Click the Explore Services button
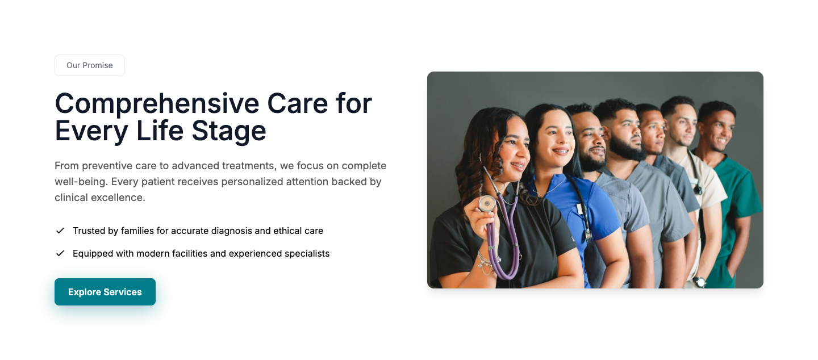pos(105,292)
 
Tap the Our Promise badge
pos(90,65)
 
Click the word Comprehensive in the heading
pos(157,104)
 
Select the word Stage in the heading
pos(229,131)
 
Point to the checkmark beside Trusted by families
pos(60,231)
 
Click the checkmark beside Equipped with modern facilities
pos(60,253)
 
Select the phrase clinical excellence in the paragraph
pos(100,198)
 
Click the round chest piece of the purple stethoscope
pos(487,204)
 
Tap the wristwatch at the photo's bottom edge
pos(700,282)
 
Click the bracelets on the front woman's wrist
pos(487,262)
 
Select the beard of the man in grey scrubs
pos(625,148)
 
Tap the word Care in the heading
pos(298,104)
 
